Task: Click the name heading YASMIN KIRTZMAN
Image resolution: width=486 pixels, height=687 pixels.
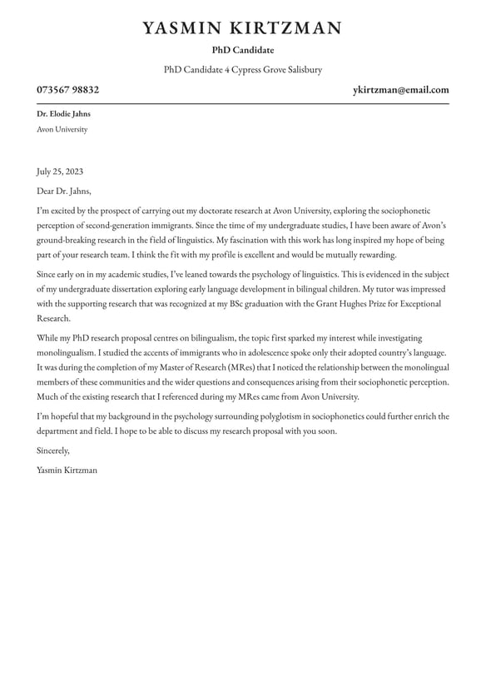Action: point(242,28)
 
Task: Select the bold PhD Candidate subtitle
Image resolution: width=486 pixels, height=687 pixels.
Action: point(242,50)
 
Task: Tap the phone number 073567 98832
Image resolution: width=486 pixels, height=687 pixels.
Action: point(67,90)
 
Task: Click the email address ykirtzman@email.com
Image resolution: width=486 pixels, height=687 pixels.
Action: point(400,90)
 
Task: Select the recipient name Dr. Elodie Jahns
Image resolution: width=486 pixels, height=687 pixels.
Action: point(63,113)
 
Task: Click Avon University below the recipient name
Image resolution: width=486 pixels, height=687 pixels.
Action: point(62,129)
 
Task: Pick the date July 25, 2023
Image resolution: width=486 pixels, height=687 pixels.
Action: point(60,172)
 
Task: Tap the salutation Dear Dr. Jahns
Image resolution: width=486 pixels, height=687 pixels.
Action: point(64,191)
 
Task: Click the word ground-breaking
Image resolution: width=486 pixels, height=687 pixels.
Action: point(67,241)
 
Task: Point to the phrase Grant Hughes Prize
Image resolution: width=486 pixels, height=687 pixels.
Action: point(350,304)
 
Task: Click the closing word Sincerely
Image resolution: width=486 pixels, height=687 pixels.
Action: point(53,451)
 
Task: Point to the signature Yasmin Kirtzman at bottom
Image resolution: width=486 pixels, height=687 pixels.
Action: point(67,470)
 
